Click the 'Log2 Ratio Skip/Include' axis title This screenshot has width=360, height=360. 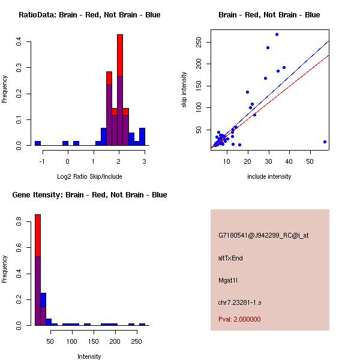(x=89, y=176)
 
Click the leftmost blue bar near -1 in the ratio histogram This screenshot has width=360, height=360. (x=38, y=143)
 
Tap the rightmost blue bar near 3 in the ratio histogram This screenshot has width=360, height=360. (x=142, y=137)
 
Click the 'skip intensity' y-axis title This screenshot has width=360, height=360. (x=184, y=90)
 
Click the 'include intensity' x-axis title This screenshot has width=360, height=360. (x=269, y=176)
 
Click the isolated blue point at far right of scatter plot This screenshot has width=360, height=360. (x=325, y=142)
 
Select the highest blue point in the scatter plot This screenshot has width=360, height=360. (x=277, y=34)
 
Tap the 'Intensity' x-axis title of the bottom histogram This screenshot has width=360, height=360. (x=89, y=356)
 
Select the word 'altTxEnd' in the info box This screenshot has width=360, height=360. (x=230, y=258)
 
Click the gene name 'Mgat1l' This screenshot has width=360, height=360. (x=229, y=280)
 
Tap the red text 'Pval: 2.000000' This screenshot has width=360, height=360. (x=239, y=319)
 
